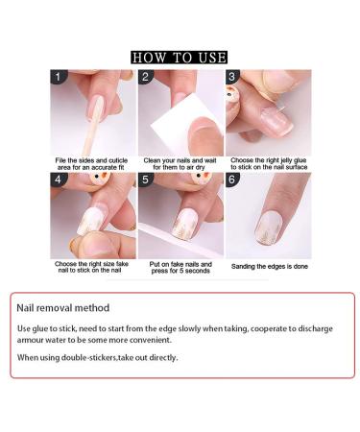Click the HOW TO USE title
(x=179, y=58)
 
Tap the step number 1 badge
(x=58, y=77)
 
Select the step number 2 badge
(x=146, y=77)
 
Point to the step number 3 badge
(x=232, y=77)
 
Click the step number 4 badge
(x=58, y=180)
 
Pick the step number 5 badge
(x=146, y=180)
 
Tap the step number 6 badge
(x=232, y=180)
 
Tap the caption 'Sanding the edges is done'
(x=270, y=266)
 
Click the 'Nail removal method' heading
(x=63, y=308)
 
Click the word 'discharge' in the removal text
(x=313, y=328)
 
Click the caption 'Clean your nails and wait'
(x=180, y=160)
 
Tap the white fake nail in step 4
(x=88, y=224)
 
